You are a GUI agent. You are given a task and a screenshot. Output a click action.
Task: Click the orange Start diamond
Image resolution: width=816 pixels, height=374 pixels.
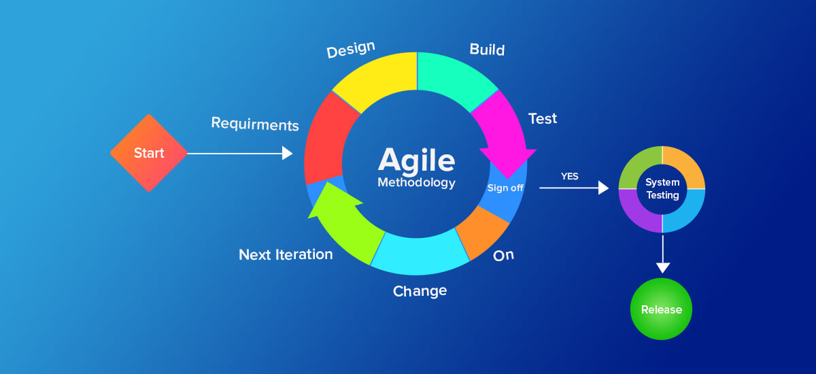click(x=148, y=153)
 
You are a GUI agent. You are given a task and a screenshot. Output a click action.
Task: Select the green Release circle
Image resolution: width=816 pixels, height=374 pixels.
click(x=661, y=309)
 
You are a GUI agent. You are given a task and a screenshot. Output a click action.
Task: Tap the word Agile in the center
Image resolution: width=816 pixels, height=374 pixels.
click(x=416, y=160)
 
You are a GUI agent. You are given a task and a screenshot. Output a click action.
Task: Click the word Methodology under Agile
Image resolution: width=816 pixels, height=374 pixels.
click(x=416, y=183)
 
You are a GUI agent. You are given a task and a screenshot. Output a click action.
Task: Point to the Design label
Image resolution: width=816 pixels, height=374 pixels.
click(x=351, y=50)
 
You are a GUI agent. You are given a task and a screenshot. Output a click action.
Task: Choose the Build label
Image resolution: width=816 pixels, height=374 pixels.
click(x=487, y=50)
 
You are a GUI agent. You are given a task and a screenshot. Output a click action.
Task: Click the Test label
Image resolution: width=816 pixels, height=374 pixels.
click(x=543, y=118)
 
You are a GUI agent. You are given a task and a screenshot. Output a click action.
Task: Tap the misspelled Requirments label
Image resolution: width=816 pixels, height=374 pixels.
click(x=255, y=124)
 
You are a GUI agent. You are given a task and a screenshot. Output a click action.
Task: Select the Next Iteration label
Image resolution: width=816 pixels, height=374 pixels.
click(x=286, y=254)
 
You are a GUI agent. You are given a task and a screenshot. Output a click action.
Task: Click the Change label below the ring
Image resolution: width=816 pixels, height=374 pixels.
click(x=420, y=291)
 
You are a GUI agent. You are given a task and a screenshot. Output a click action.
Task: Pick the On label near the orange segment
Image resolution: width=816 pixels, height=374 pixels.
click(x=503, y=255)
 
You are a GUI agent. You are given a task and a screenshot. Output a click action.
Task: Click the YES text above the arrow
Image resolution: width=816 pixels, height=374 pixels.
click(x=569, y=176)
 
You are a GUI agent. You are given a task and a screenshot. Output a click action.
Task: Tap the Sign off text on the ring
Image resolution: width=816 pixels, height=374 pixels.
click(x=505, y=188)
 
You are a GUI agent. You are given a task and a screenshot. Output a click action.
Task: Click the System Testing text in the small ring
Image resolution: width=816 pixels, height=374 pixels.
click(x=662, y=189)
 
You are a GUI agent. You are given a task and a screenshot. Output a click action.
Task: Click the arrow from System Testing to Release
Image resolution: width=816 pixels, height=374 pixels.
click(x=662, y=255)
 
